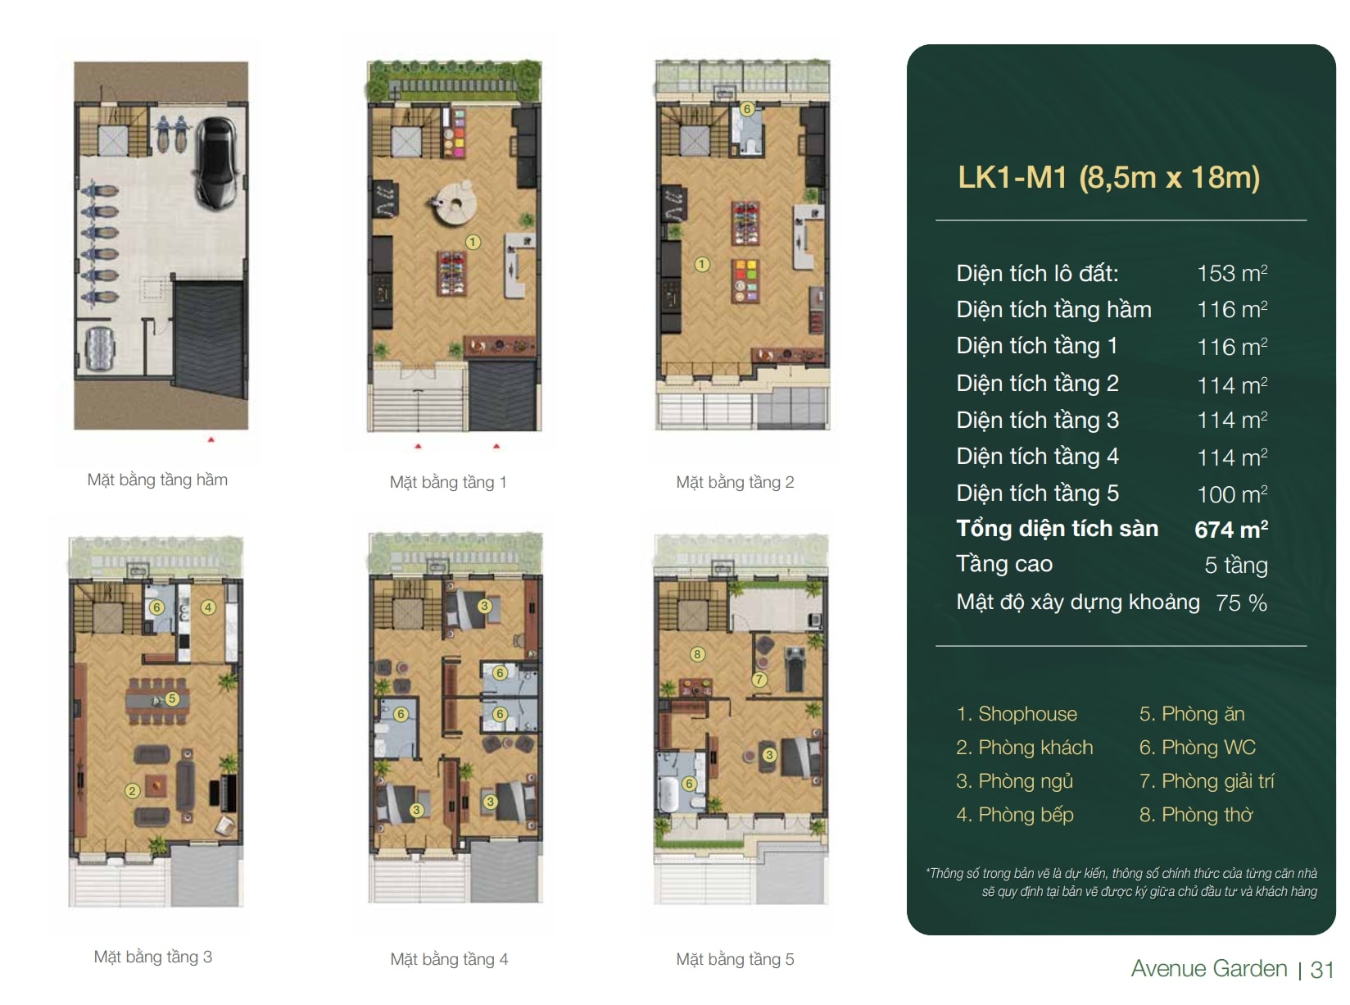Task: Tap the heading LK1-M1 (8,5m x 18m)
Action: tap(1108, 177)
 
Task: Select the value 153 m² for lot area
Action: tap(1230, 274)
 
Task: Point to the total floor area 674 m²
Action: tap(1230, 529)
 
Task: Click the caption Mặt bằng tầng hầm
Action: tap(157, 480)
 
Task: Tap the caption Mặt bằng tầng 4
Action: tap(449, 959)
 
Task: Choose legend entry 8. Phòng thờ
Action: tap(1195, 814)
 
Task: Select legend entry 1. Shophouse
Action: tap(1017, 714)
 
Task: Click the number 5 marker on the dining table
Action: tap(172, 698)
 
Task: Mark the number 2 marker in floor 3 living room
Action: tap(132, 790)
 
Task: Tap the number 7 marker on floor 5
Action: tap(759, 679)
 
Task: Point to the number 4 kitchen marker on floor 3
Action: tap(208, 607)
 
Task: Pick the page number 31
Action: tap(1321, 970)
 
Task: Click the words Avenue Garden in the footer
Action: tap(1208, 968)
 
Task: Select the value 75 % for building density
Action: tap(1241, 603)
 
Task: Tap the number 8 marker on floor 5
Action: tap(697, 654)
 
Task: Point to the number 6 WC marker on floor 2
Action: tap(747, 109)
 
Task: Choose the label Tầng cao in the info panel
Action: tap(1004, 564)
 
